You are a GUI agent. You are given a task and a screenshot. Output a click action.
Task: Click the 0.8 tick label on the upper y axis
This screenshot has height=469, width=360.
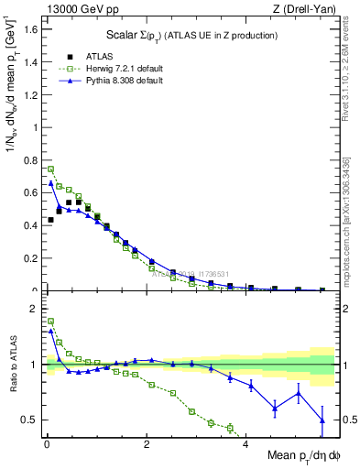(30, 159)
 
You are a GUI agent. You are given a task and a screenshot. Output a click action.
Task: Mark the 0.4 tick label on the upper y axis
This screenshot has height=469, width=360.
(30, 225)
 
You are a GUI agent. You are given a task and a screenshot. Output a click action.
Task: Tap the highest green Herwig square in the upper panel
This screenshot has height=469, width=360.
(51, 169)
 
